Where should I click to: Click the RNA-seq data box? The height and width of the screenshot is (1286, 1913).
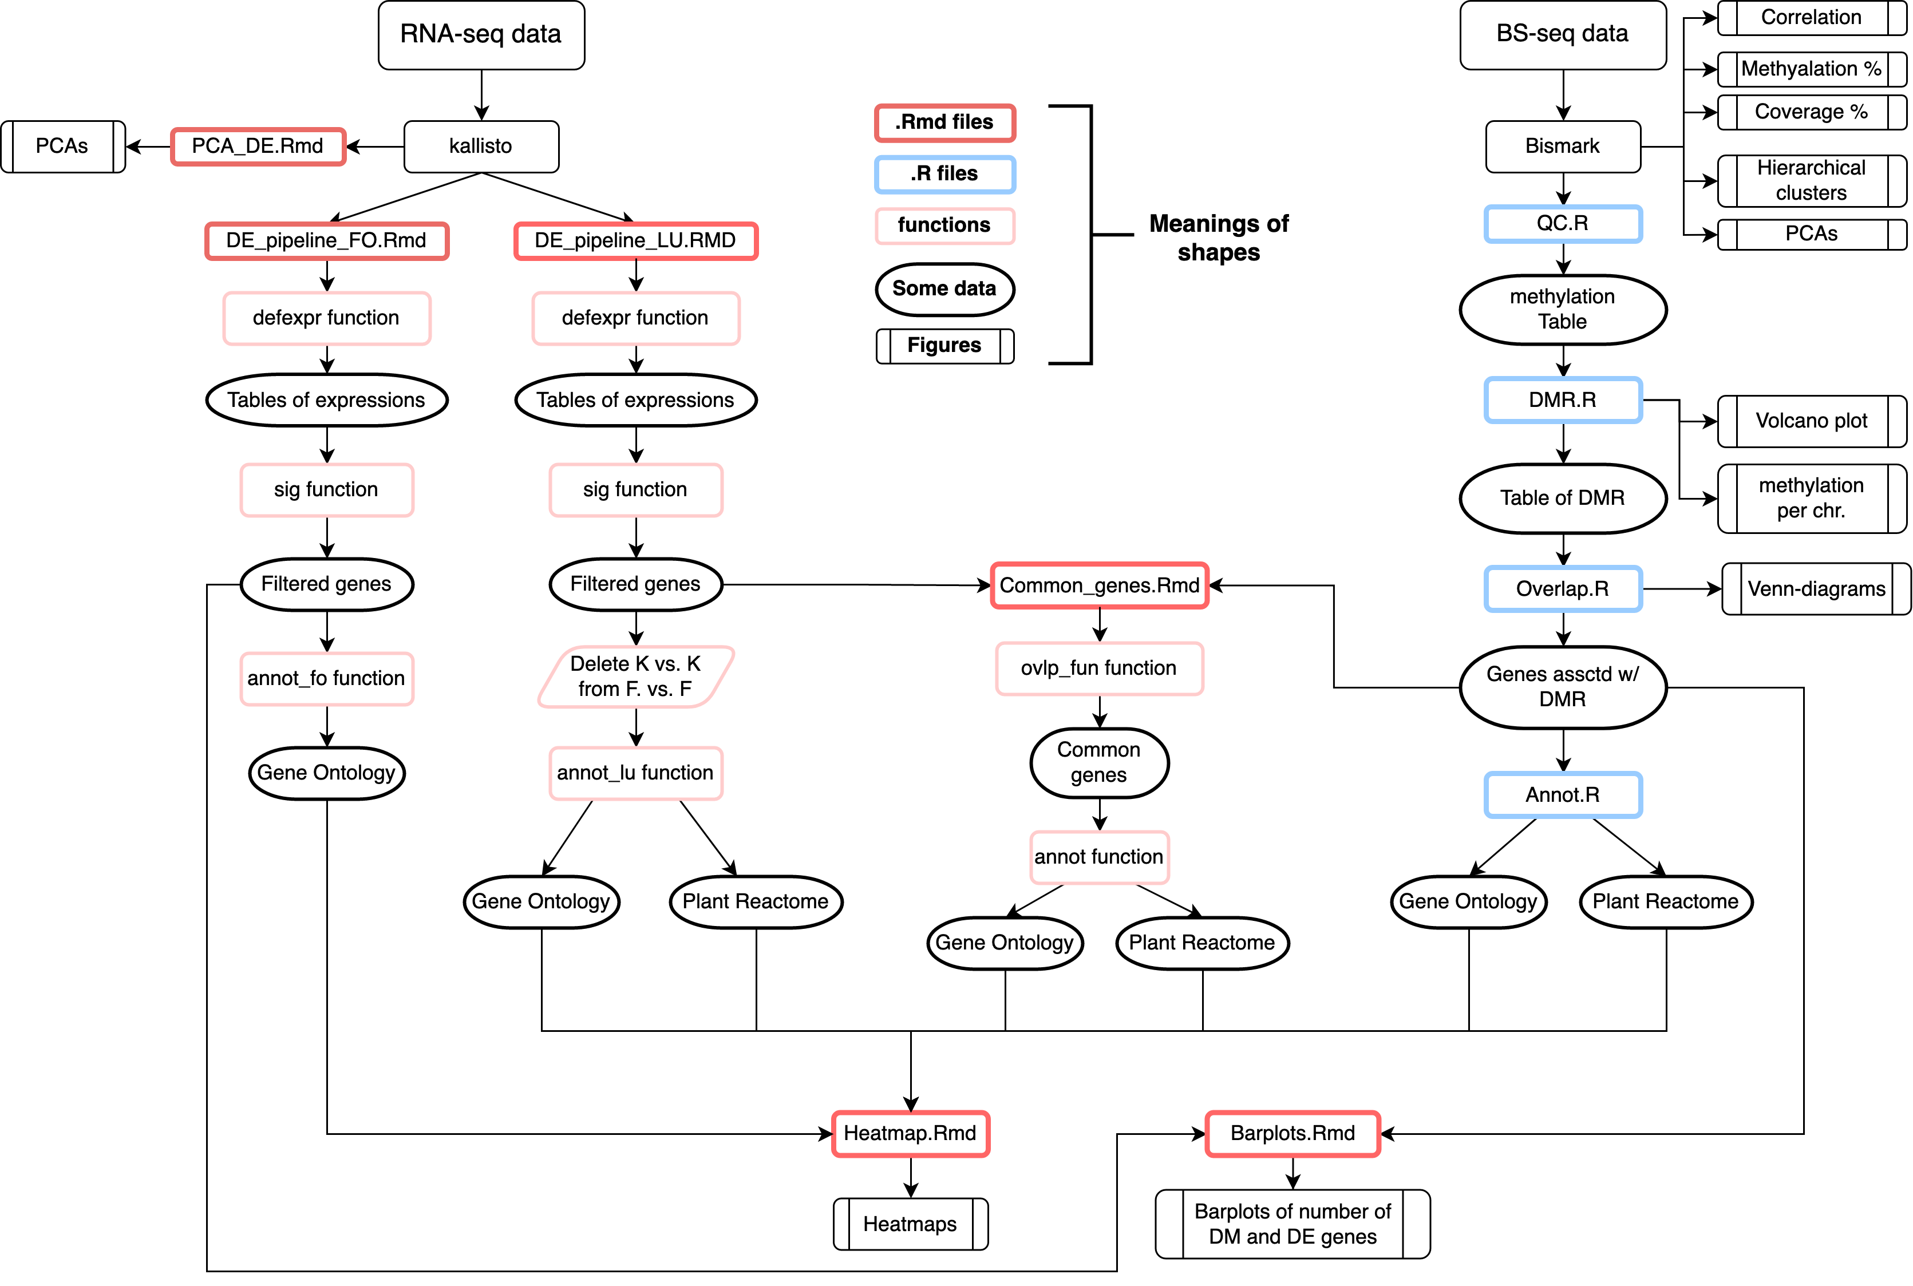click(x=481, y=34)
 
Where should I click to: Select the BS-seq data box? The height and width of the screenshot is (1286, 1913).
click(x=1562, y=34)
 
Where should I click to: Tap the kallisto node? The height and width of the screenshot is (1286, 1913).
click(x=481, y=146)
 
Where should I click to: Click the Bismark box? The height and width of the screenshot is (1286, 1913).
click(x=1562, y=146)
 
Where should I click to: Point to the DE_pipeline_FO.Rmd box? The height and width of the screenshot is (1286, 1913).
click(x=326, y=241)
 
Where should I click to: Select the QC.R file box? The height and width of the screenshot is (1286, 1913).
click(x=1562, y=224)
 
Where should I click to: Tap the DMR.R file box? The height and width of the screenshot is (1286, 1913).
click(x=1562, y=400)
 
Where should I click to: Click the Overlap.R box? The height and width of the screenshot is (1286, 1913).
click(x=1562, y=589)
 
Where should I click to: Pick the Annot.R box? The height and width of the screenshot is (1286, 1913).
click(x=1562, y=795)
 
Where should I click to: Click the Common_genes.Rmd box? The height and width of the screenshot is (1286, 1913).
click(x=1099, y=585)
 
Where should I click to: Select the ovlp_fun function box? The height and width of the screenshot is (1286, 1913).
click(x=1099, y=668)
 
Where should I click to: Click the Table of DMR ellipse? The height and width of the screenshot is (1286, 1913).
click(x=1562, y=498)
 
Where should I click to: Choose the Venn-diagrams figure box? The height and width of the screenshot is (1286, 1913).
click(x=1816, y=589)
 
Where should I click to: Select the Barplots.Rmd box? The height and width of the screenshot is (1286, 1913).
click(x=1293, y=1133)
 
